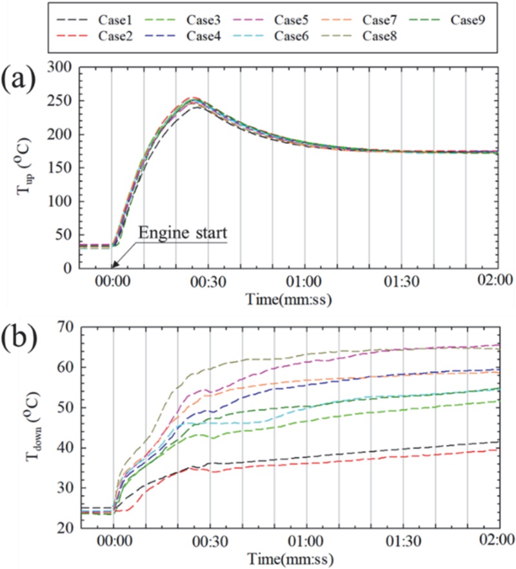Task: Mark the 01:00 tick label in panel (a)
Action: (x=304, y=282)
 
